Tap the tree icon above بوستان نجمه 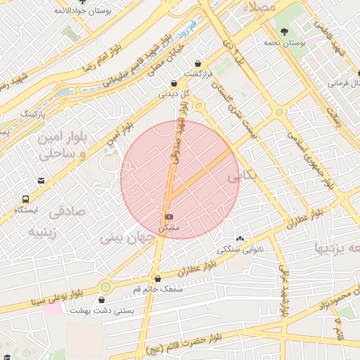284,31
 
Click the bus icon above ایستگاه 26,199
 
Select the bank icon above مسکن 168,216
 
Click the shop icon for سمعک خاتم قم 157,278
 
